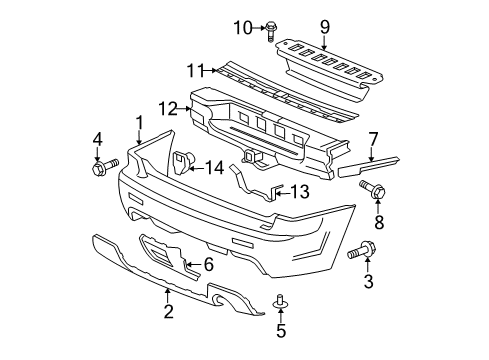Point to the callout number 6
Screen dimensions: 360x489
[208, 264]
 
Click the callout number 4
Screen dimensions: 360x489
[99, 138]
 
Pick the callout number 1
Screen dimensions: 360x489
[138, 121]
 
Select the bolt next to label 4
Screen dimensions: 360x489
[104, 165]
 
